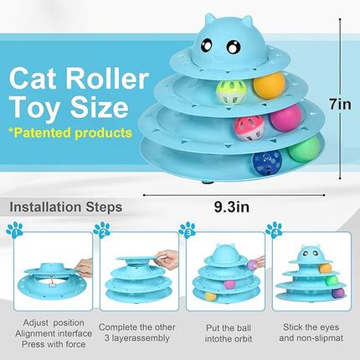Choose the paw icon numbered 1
coord(14,229)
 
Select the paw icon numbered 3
coord(188,229)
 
